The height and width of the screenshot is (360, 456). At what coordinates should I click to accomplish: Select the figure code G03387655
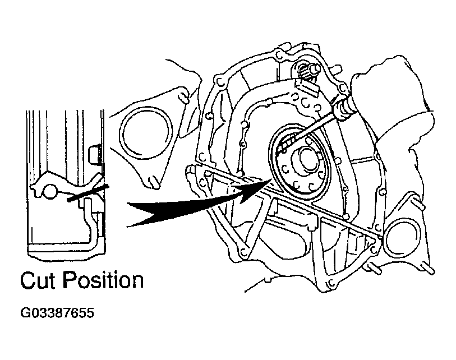coord(57,313)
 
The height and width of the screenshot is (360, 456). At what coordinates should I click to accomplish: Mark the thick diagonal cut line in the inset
coord(88,192)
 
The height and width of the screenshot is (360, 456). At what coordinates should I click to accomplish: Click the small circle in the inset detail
coord(50,192)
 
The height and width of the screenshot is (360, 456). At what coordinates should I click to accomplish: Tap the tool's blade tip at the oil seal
coord(282,147)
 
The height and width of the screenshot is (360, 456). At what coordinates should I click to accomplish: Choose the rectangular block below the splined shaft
coord(306,87)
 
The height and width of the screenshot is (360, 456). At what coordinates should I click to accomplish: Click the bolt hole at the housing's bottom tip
coord(331,282)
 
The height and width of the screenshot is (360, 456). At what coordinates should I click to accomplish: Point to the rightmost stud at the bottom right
coord(429,269)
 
